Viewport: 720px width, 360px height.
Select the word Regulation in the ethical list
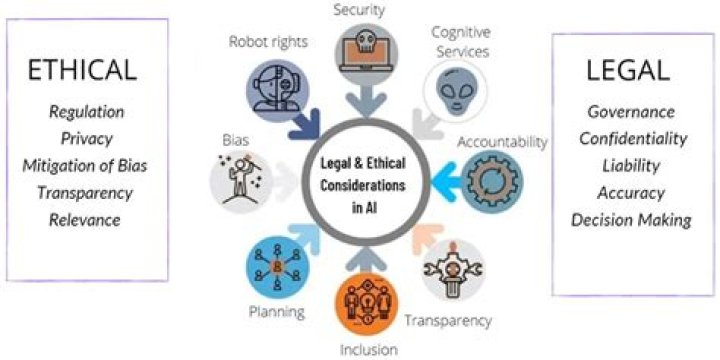pyautogui.click(x=87, y=112)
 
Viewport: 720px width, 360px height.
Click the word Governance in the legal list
pyautogui.click(x=631, y=112)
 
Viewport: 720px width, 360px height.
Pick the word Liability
pyautogui.click(x=631, y=166)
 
